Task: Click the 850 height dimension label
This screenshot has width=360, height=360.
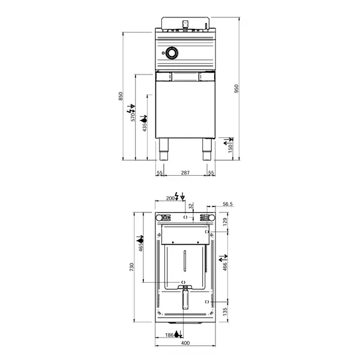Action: [x=121, y=96]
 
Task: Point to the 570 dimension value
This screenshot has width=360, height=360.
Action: [x=133, y=116]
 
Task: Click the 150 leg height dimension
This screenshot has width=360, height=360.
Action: [x=230, y=148]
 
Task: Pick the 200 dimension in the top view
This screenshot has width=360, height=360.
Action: [x=170, y=197]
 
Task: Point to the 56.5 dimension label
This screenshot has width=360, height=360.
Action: [x=227, y=204]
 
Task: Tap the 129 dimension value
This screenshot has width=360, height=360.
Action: [x=226, y=222]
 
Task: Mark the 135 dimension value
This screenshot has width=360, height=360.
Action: [x=226, y=311]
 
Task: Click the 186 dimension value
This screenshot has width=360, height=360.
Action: [x=169, y=335]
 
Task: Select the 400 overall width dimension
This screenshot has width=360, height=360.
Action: [x=185, y=343]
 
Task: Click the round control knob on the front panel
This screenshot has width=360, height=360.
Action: [x=172, y=53]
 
